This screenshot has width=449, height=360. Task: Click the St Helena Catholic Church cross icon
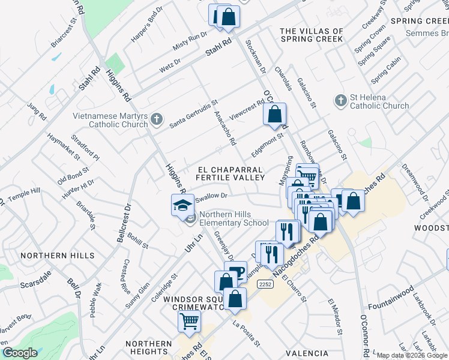(341, 100)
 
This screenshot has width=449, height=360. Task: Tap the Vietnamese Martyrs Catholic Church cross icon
(156, 118)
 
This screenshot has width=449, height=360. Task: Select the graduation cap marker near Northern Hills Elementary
(182, 205)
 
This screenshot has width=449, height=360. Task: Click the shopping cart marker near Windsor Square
(189, 321)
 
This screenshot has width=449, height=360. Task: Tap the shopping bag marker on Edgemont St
(274, 114)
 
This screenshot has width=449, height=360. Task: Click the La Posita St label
(246, 335)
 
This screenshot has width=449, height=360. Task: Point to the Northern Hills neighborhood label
(57, 256)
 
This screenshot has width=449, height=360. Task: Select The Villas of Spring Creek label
(312, 35)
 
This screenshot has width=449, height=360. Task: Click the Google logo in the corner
(20, 353)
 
